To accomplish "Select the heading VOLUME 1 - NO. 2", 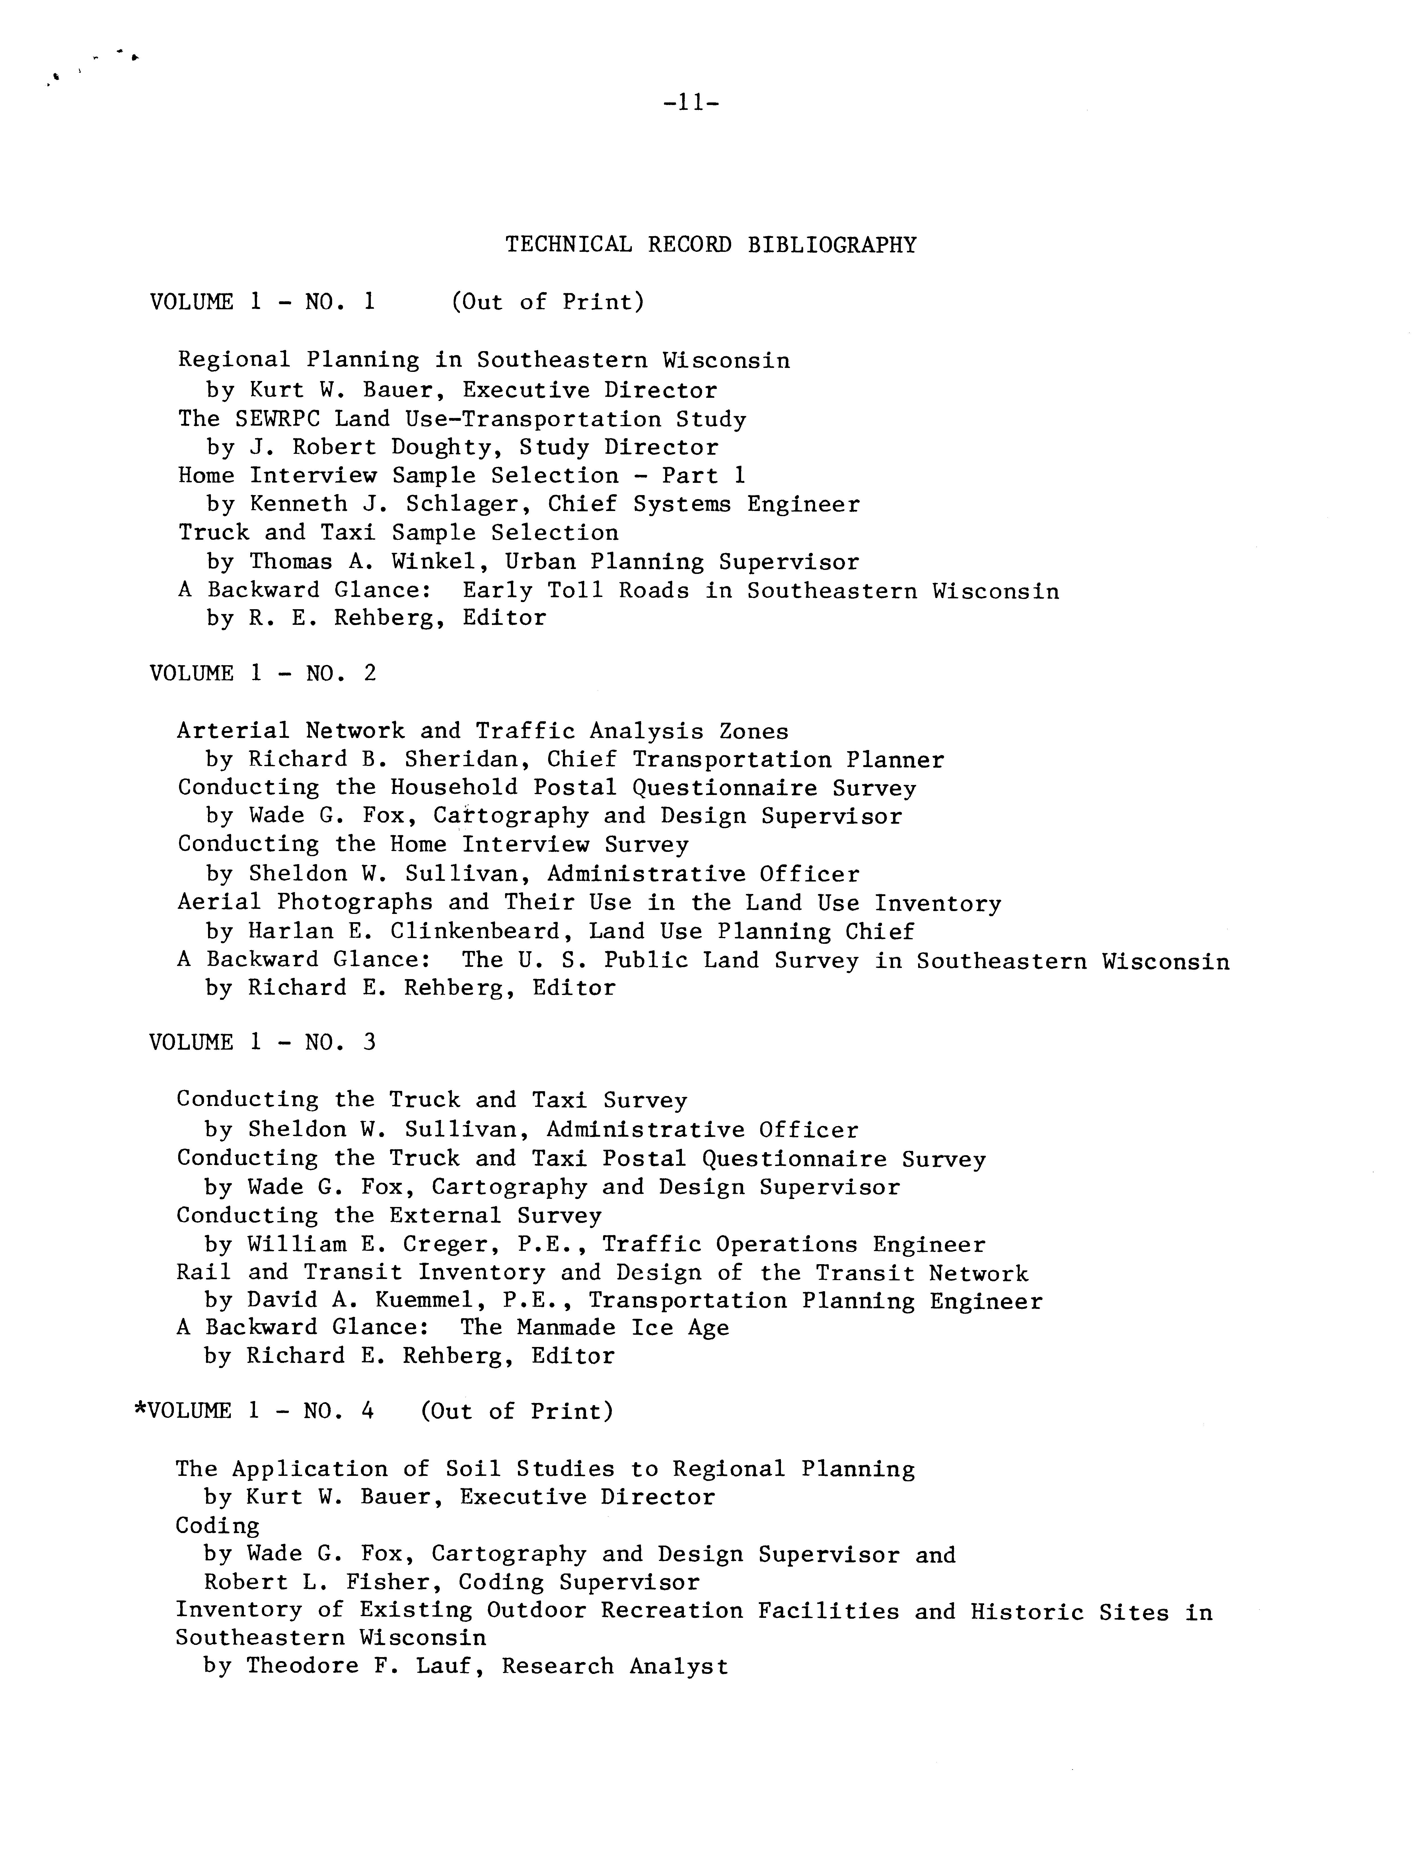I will pyautogui.click(x=262, y=674).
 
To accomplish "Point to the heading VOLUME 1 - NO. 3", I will pyautogui.click(x=262, y=1043).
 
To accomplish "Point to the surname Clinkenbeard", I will pyautogui.click(x=482, y=932).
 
